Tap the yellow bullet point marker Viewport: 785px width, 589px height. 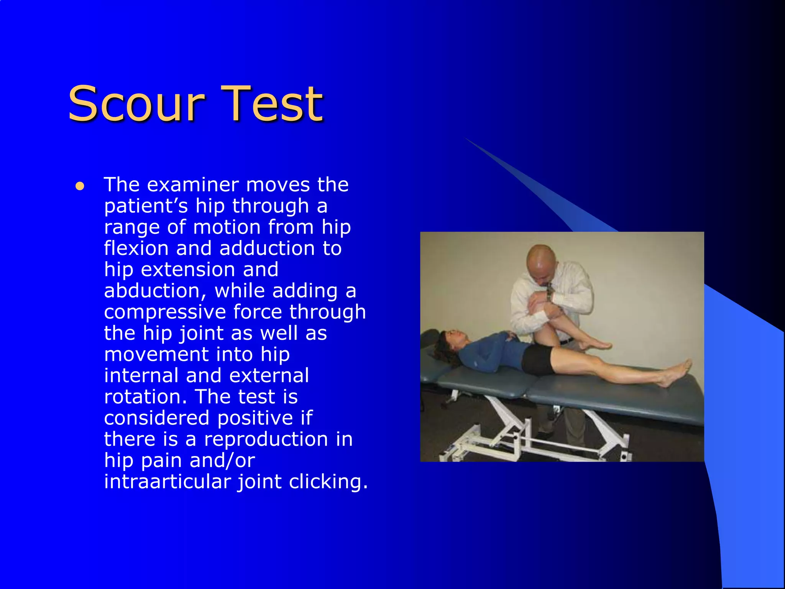pos(80,186)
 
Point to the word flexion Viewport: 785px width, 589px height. pos(136,248)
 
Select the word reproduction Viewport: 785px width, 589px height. pos(266,439)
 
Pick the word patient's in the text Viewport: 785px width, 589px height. pos(146,206)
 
